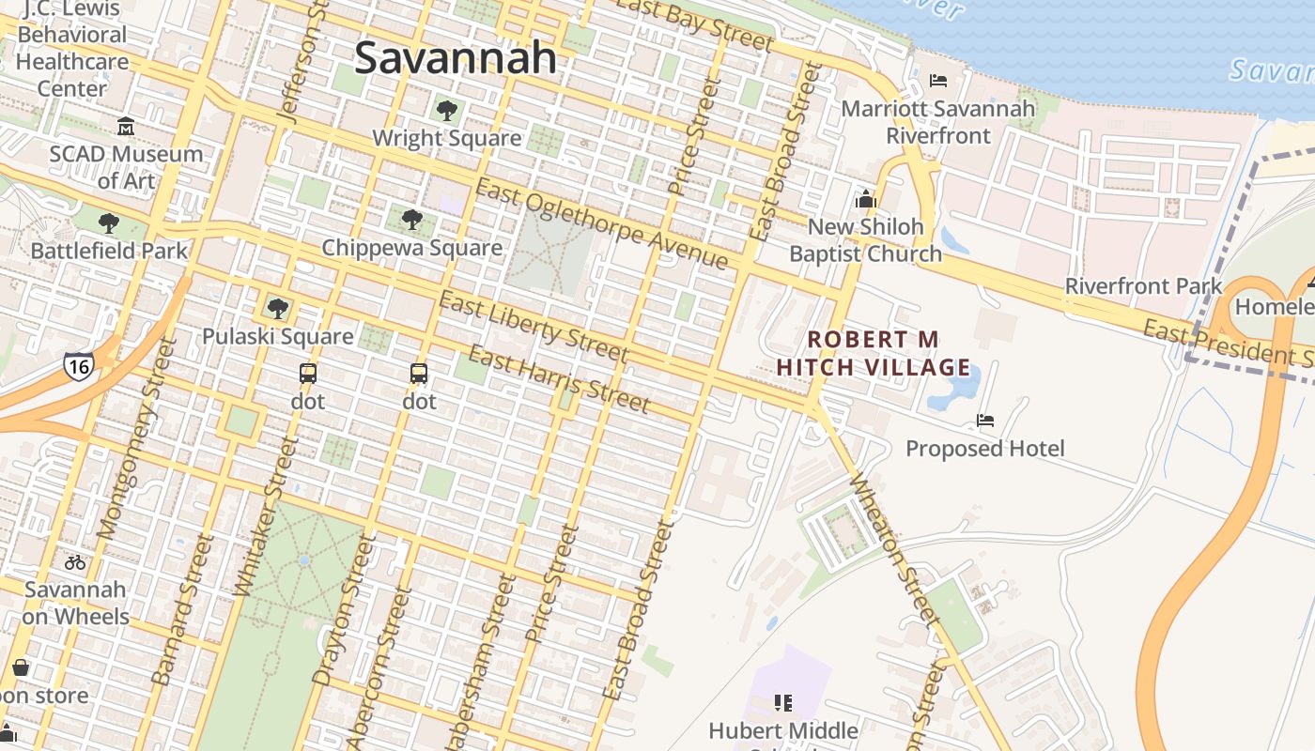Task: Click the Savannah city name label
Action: tap(456, 58)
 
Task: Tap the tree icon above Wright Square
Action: tap(447, 111)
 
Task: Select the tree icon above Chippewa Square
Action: tap(411, 221)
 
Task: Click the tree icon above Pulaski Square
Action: tap(277, 308)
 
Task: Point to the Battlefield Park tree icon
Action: tap(109, 223)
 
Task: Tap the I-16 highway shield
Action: tap(78, 365)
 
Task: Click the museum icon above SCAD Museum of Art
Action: tap(126, 126)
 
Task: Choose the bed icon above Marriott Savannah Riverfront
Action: tap(937, 81)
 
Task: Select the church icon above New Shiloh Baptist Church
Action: tap(865, 199)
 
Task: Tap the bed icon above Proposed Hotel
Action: tap(985, 420)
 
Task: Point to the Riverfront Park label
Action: tap(1143, 286)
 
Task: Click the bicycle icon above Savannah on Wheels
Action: tap(75, 562)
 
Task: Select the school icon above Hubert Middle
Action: tap(783, 702)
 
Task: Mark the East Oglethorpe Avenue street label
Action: tap(601, 222)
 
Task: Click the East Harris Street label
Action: tap(558, 379)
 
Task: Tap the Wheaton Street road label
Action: tap(893, 550)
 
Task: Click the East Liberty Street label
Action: tap(533, 327)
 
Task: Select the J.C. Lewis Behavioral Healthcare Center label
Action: tap(71, 49)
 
